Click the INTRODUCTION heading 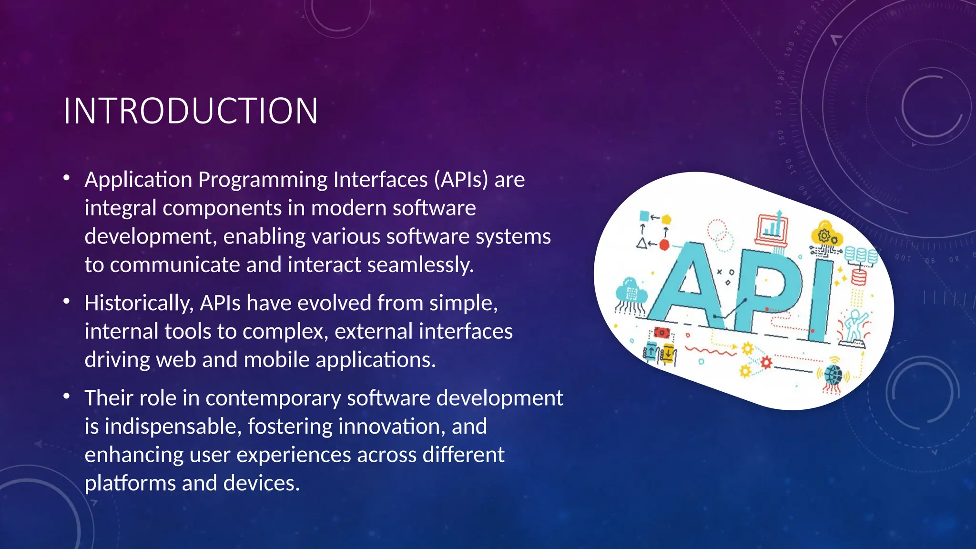pyautogui.click(x=191, y=111)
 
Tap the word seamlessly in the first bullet pyautogui.click(x=420, y=265)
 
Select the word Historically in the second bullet pyautogui.click(x=139, y=303)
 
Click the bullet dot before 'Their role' pyautogui.click(x=67, y=396)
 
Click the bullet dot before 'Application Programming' pyautogui.click(x=67, y=178)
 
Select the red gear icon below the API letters pyautogui.click(x=766, y=363)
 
